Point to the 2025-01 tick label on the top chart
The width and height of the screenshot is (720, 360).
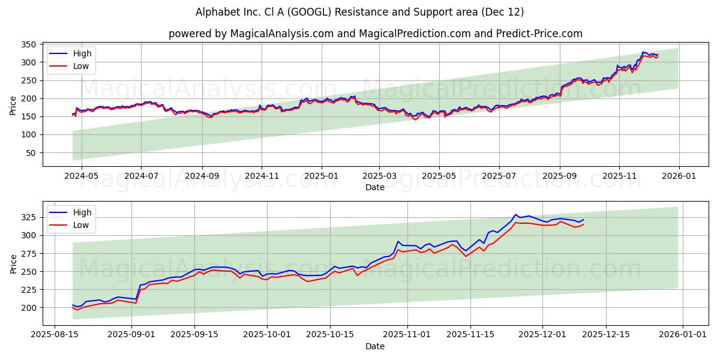[x=321, y=176]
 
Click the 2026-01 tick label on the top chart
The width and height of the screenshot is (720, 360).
[x=679, y=176]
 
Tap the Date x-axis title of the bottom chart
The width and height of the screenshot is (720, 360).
[x=375, y=346]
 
